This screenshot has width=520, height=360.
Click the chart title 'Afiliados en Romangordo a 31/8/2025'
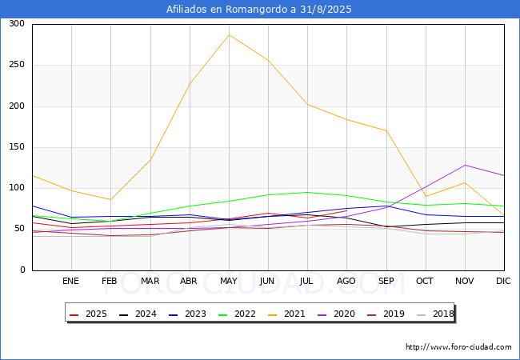[259, 10]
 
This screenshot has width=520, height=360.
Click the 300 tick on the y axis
[15, 24]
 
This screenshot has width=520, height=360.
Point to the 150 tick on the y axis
[15, 147]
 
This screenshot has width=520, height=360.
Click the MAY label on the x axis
[229, 281]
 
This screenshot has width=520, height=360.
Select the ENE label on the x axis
[71, 281]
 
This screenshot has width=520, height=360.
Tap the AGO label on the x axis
[346, 281]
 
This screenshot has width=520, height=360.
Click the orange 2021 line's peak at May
[229, 34]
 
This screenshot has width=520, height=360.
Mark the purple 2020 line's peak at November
[465, 165]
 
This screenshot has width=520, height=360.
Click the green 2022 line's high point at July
[307, 192]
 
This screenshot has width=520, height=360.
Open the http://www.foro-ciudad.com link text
[458, 347]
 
